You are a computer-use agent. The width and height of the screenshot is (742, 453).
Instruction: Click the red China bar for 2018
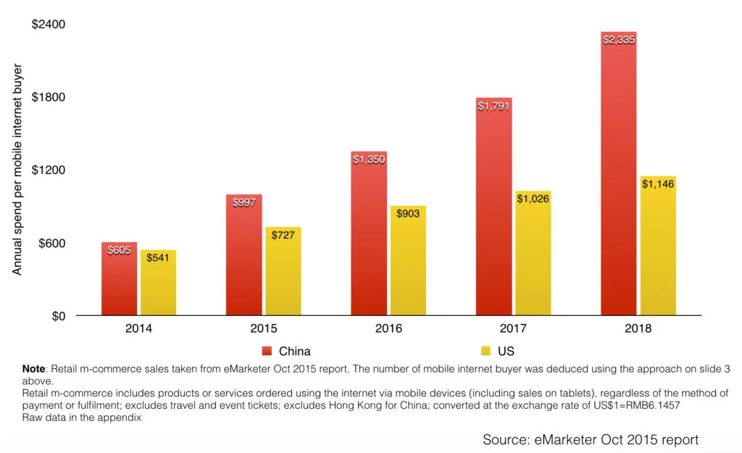click(618, 181)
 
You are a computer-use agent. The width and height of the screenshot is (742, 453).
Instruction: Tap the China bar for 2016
click(369, 239)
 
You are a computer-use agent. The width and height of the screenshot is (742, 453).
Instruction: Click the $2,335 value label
click(618, 40)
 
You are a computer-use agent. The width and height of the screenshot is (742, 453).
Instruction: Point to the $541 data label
click(158, 257)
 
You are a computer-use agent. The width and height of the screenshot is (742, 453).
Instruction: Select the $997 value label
click(244, 203)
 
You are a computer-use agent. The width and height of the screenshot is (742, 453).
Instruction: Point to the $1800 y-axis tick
click(49, 97)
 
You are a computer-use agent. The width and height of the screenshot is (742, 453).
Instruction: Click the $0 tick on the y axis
click(57, 316)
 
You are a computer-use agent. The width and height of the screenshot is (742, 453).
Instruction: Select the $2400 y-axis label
click(49, 25)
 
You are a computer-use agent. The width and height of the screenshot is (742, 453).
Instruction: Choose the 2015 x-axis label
click(264, 328)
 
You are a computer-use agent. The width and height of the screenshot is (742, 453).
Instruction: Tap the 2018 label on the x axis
click(638, 328)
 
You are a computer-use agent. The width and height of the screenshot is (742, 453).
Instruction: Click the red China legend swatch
click(266, 351)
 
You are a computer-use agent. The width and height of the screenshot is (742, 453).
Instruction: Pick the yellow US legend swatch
click(485, 351)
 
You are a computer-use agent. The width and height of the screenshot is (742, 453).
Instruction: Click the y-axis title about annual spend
click(18, 170)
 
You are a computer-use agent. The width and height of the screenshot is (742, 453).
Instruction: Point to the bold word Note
click(33, 369)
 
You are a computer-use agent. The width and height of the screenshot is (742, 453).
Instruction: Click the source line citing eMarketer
click(591, 439)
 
